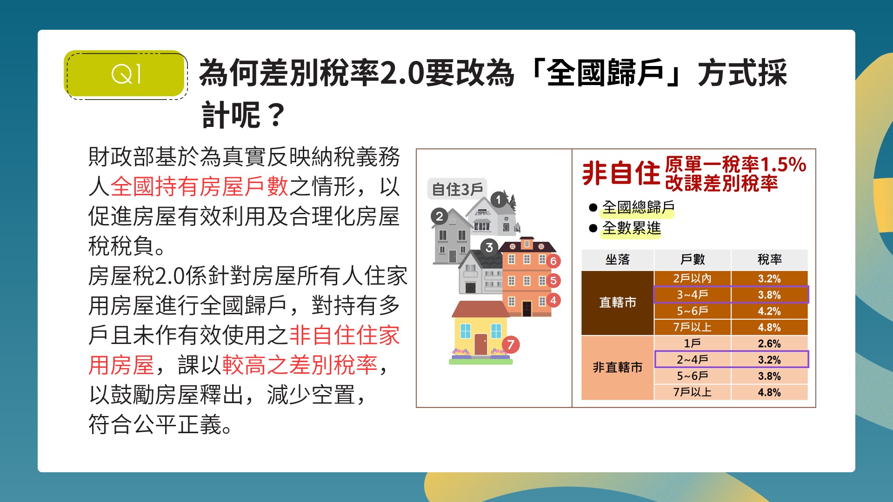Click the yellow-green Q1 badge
[x=125, y=74]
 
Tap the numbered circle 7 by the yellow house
[x=511, y=344]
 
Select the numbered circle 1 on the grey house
[x=499, y=200]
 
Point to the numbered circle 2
[x=439, y=216]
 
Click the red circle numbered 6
[x=553, y=261]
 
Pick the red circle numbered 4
[x=553, y=300]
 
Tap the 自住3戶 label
[x=457, y=189]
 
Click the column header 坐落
[x=618, y=259]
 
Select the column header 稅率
[x=769, y=259]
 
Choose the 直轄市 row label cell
[x=618, y=303]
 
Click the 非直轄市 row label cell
[x=618, y=368]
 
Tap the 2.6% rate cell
[x=769, y=343]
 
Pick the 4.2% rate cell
[x=769, y=311]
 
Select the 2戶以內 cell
[x=692, y=278]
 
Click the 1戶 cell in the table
[x=692, y=343]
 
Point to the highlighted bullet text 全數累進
[x=631, y=228]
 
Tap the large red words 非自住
[x=621, y=173]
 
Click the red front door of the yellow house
[x=480, y=344]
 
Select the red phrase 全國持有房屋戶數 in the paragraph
[x=200, y=186]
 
